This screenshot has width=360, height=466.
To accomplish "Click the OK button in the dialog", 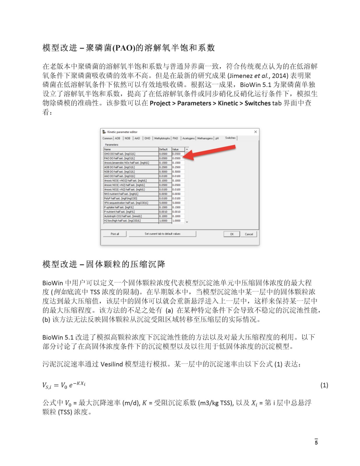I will coord(232,234).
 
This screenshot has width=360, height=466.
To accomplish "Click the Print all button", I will coord(114,234).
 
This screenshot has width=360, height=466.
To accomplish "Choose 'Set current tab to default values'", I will coord(163,234).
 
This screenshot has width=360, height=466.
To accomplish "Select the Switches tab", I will coord(230,138).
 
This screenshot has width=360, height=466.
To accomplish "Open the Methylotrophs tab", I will coord(162,138).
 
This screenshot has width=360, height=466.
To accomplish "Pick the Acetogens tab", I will coord(188,138).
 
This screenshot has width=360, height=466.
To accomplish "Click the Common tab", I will coord(107,138).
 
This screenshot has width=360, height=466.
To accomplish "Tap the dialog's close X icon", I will coord(255,132).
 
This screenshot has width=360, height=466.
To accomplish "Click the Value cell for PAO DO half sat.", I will coord(178,158).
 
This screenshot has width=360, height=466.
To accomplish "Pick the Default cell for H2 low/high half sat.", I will coord(165,221).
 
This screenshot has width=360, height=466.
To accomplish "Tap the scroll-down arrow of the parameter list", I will coord(187,222).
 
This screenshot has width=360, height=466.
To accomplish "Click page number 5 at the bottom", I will coord(316,442).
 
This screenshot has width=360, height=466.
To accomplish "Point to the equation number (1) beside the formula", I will coord(324,385).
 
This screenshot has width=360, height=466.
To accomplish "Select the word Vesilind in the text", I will coord(112,364).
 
